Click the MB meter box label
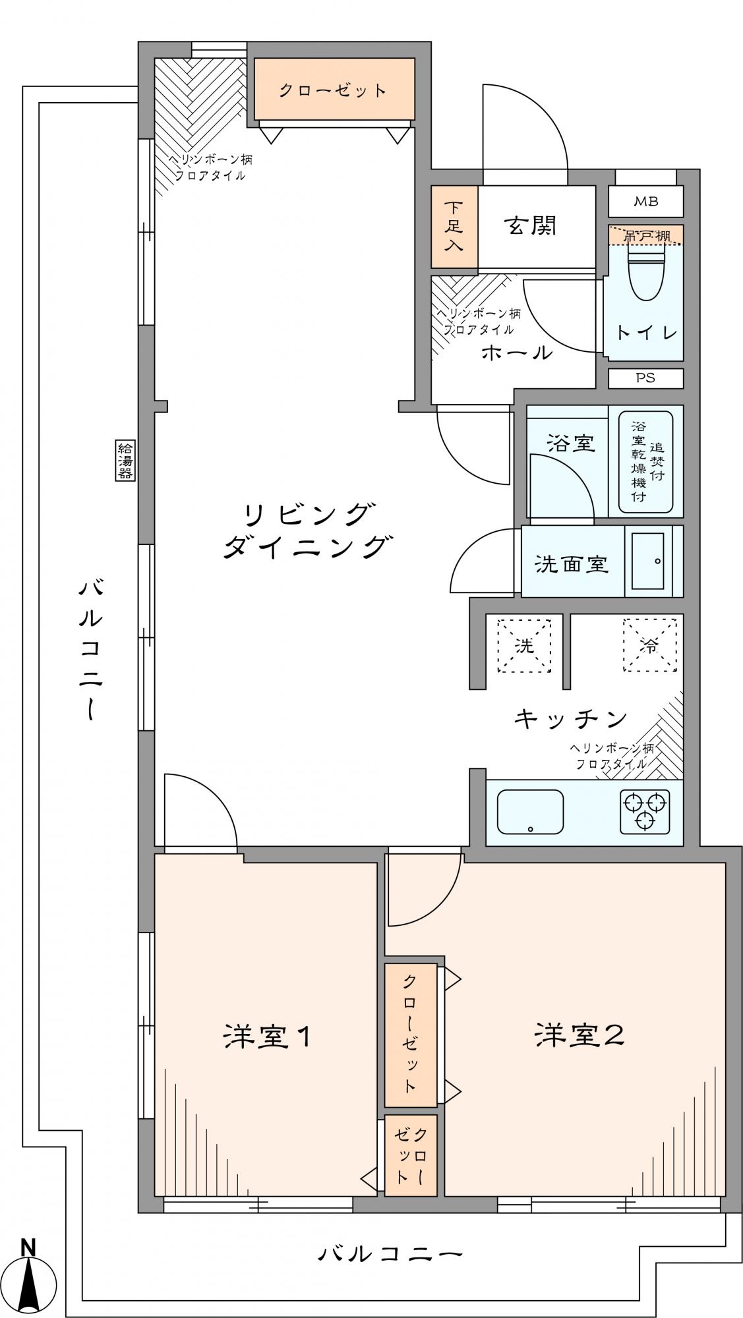(x=645, y=202)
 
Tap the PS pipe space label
(x=645, y=378)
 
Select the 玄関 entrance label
(x=531, y=226)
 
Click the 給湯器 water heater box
(x=125, y=460)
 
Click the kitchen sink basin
(x=530, y=812)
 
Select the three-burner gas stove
(x=645, y=811)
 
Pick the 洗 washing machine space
(x=524, y=645)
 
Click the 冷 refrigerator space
(x=650, y=645)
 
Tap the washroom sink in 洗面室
(x=647, y=560)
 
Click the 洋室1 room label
(x=267, y=1037)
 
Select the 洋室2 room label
(x=579, y=1035)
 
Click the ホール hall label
(x=517, y=353)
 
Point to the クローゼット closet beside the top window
(x=334, y=89)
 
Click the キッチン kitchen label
(x=570, y=718)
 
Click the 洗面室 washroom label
(x=571, y=563)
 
